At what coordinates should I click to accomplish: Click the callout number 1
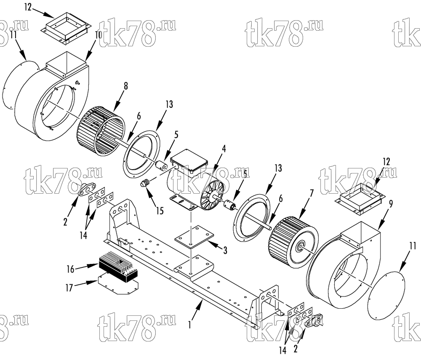190,325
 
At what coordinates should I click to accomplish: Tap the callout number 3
225,250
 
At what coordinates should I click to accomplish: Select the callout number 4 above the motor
224,149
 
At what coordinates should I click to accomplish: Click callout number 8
125,86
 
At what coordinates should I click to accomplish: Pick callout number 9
391,204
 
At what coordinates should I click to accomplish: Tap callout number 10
98,35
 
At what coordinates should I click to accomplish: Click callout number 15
160,211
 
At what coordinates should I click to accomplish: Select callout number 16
70,269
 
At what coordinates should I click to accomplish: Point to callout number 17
69,288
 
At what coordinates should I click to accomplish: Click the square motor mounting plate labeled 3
194,236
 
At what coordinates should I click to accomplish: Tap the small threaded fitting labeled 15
145,184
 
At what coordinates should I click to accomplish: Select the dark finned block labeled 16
118,266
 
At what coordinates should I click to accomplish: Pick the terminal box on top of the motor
189,160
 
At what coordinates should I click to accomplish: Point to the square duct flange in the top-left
67,27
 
